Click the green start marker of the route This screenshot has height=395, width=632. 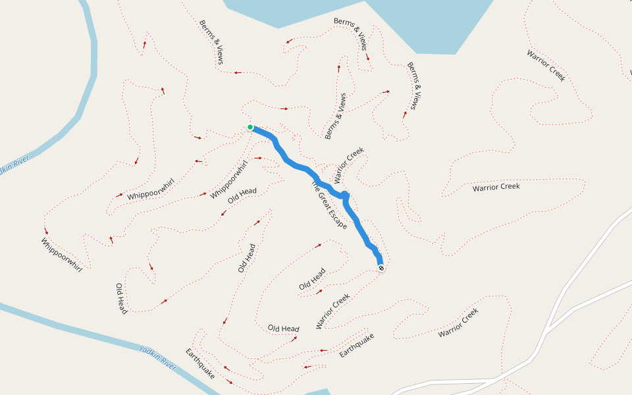click(x=250, y=127)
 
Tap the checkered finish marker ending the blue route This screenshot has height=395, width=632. click(x=381, y=268)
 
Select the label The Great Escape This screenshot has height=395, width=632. click(x=329, y=205)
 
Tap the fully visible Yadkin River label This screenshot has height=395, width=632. click(x=158, y=358)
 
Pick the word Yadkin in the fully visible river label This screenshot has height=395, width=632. click(x=150, y=354)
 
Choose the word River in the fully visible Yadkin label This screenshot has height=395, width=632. click(x=169, y=363)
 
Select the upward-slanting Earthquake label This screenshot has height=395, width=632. click(x=357, y=346)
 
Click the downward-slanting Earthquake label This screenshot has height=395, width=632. click(x=200, y=363)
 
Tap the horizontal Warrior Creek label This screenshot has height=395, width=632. click(x=496, y=187)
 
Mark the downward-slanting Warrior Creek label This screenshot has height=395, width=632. click(x=546, y=66)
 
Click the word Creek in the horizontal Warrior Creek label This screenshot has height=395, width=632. click(x=509, y=186)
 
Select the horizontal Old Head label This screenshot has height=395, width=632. click(x=284, y=329)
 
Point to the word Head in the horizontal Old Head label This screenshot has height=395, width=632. click(x=291, y=329)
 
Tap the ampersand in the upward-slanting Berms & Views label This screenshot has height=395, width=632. click(x=338, y=113)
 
